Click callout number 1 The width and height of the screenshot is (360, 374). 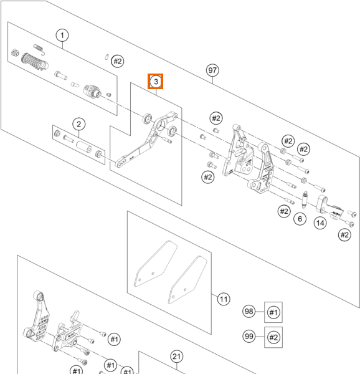62,36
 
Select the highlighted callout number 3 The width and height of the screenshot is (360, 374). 156,81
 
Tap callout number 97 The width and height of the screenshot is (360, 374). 212,70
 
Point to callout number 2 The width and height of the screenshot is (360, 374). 79,124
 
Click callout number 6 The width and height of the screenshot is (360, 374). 300,219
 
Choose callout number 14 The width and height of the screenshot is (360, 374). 320,223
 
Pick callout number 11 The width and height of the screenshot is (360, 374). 224,299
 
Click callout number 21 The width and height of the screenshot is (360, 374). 176,357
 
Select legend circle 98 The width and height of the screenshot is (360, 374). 249,311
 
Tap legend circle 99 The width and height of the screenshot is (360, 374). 249,337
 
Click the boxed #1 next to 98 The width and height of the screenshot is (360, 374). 273,312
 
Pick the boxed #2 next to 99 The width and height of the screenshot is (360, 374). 273,337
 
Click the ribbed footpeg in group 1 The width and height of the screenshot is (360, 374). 35,61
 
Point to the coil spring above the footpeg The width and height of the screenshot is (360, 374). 39,49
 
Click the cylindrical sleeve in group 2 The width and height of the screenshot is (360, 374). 84,146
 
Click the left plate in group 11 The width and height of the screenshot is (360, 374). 156,263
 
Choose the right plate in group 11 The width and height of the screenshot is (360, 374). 187,280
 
